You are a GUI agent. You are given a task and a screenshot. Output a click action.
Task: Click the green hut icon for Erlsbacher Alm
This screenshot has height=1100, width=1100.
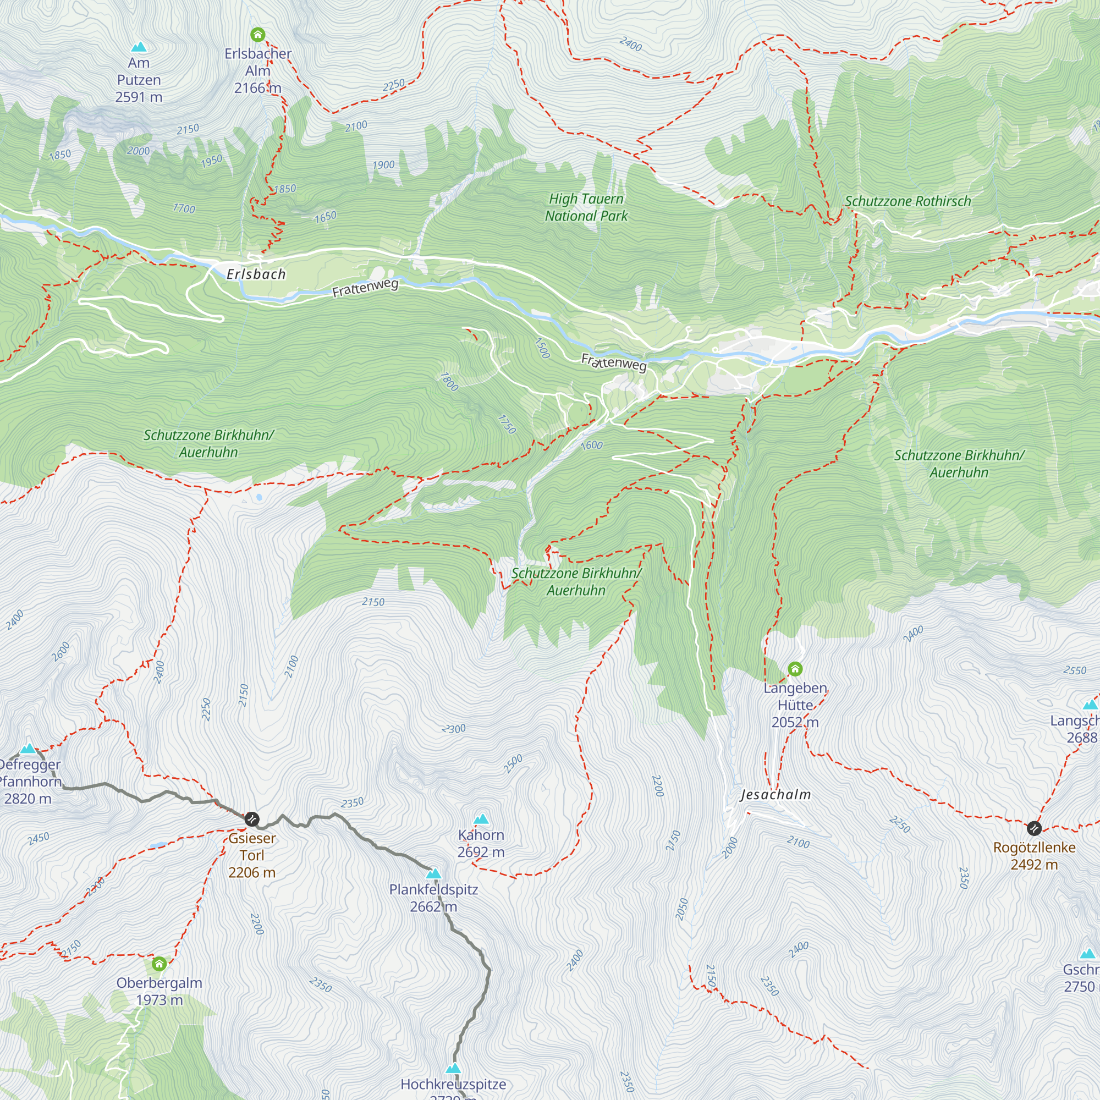(x=258, y=35)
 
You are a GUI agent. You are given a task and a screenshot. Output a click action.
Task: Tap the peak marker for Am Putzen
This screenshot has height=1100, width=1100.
(x=139, y=47)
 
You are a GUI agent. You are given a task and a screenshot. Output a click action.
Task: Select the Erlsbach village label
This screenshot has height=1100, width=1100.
(x=256, y=274)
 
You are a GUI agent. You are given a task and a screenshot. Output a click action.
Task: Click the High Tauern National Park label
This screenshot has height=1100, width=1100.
(x=586, y=207)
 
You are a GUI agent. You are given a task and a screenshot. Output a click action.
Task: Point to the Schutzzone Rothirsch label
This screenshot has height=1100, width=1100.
(x=908, y=201)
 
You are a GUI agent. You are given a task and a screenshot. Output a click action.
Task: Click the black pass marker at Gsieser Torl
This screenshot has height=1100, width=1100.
(x=252, y=820)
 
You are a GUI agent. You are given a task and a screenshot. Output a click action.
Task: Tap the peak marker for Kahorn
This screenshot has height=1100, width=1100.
(x=482, y=819)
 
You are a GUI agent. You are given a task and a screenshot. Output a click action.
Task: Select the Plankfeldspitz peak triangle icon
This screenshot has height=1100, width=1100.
(x=434, y=873)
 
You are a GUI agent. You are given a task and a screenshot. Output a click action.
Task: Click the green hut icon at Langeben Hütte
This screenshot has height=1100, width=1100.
(x=795, y=668)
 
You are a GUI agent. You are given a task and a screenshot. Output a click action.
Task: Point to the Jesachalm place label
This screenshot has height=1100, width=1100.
(x=776, y=794)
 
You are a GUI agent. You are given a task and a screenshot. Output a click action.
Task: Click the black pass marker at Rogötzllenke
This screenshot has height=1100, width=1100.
(x=1034, y=827)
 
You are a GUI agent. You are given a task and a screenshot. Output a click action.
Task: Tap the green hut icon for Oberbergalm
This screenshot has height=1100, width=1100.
(x=159, y=964)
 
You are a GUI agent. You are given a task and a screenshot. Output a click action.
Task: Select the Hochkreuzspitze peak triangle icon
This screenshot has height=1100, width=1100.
(x=453, y=1068)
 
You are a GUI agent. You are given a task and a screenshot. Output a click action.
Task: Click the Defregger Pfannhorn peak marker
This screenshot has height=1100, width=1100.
(x=29, y=748)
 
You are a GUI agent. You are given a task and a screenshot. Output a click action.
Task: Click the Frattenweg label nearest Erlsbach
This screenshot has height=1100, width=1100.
(x=365, y=288)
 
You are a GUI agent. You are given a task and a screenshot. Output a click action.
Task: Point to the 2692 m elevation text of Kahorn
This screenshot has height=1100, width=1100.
(x=481, y=852)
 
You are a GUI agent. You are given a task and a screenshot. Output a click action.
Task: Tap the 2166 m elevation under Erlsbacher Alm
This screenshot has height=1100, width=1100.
(x=258, y=87)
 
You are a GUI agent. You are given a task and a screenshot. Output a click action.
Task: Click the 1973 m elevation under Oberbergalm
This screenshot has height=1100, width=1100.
(x=159, y=1000)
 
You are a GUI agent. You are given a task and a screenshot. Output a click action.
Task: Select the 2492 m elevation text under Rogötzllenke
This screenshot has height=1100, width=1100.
(x=1034, y=864)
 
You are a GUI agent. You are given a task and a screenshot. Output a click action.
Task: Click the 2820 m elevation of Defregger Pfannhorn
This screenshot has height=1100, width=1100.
(x=28, y=798)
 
